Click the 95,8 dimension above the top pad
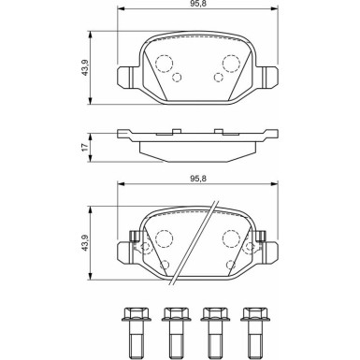click(x=197, y=4)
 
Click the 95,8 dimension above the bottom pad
click(x=197, y=179)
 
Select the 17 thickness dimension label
click(x=84, y=148)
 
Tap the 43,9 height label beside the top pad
click(x=84, y=67)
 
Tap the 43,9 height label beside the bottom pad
click(x=84, y=243)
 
